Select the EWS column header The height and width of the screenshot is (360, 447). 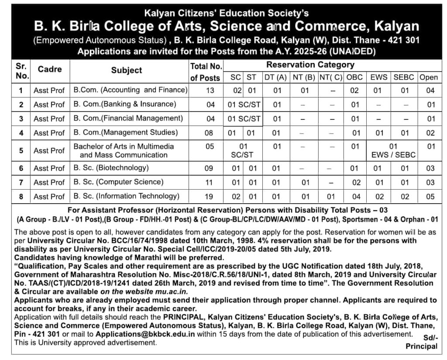click(379, 77)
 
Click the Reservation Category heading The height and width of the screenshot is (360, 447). click(310, 65)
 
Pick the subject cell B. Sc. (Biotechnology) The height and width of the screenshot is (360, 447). click(111, 168)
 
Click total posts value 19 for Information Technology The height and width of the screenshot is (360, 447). click(210, 197)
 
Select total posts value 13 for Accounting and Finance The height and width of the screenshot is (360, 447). click(210, 90)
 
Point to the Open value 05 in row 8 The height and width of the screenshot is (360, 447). click(430, 197)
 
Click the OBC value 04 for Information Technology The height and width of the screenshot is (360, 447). click(355, 197)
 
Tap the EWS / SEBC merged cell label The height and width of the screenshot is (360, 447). click(393, 155)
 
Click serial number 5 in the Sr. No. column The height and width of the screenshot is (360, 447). click(21, 150)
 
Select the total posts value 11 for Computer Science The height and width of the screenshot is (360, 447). click(210, 182)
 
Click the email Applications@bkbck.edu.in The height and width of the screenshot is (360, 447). click(145, 334)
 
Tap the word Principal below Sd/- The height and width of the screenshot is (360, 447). click(421, 346)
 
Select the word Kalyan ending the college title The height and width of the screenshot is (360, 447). click(396, 27)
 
